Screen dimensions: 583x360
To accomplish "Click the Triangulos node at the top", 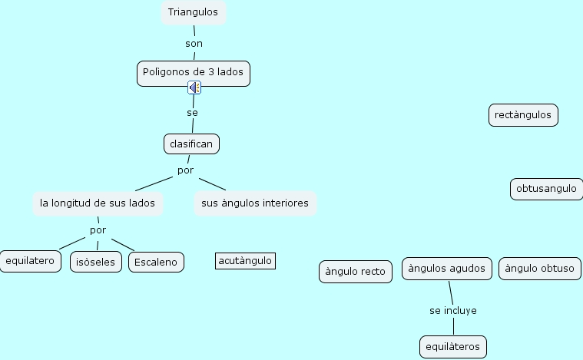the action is [x=193, y=13].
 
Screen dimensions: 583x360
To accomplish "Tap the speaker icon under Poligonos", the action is [x=194, y=88].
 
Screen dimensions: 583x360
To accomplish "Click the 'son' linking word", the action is [x=194, y=44].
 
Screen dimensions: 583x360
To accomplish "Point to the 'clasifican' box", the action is [x=191, y=144].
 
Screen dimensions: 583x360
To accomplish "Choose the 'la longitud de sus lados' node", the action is [x=98, y=203].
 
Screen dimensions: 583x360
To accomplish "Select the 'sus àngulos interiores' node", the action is [x=255, y=203].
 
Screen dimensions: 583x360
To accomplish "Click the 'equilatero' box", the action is [x=30, y=261].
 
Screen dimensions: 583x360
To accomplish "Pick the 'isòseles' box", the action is [x=96, y=262].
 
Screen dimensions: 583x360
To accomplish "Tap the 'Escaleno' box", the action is [x=156, y=262].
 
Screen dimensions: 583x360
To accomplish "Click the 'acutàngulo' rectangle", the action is [x=245, y=261].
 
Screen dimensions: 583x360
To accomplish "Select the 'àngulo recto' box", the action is [x=356, y=272].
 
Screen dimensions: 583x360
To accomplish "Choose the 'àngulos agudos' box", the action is [x=446, y=268].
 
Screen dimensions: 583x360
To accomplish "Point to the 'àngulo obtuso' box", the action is [x=540, y=269].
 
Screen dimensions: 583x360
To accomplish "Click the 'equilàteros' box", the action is [x=453, y=347].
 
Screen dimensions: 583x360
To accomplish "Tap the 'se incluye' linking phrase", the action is [x=453, y=311].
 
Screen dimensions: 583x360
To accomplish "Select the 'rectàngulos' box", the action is [x=523, y=115].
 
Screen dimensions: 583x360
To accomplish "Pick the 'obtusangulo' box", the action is [x=546, y=189].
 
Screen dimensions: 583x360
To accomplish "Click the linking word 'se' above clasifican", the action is [x=192, y=113].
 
